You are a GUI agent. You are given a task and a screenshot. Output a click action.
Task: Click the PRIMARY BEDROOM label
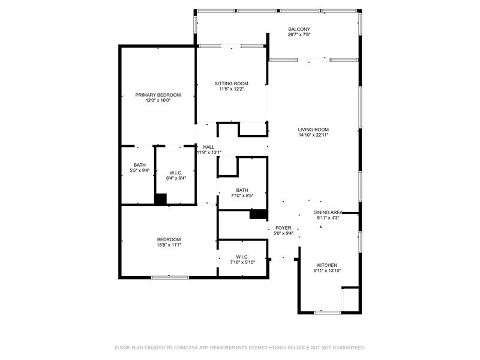point(158,95)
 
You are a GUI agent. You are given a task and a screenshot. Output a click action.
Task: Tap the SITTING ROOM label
point(231,83)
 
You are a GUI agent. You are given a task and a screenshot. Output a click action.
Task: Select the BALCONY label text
point(299,29)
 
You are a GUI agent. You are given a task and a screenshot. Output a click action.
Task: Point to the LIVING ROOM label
point(313,130)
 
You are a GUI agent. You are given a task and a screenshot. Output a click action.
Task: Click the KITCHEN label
point(327,265)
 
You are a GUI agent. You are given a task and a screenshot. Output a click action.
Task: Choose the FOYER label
point(283,228)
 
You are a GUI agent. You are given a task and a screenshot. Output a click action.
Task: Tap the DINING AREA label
point(328,212)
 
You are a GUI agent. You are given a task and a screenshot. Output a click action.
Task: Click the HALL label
point(208,147)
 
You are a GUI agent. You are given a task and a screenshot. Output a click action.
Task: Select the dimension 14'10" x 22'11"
point(313,136)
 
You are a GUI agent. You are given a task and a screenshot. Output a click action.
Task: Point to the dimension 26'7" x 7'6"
point(299,35)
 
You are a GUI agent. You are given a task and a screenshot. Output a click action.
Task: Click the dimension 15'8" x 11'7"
point(169,245)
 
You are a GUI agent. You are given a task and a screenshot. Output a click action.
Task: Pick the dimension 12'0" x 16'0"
point(158,101)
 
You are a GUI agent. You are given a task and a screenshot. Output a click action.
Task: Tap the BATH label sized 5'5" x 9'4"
point(139,165)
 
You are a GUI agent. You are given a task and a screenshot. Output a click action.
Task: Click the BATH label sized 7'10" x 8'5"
point(242,190)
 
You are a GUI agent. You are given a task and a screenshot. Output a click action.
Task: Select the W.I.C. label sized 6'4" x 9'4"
point(176,173)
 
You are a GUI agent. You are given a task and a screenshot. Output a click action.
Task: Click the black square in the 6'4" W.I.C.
point(160,199)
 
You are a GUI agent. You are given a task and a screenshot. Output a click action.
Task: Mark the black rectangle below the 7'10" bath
point(258,214)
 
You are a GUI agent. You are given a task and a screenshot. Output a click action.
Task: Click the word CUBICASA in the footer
point(187,347)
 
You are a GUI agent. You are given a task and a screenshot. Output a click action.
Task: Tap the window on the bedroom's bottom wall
point(170,277)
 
